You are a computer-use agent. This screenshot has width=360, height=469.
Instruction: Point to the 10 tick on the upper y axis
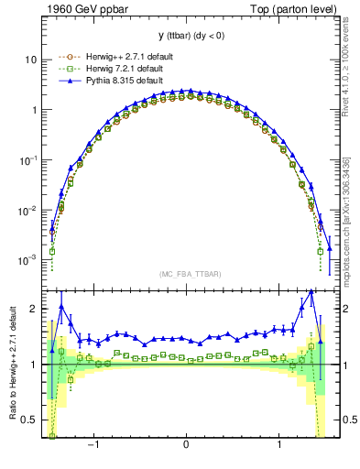(30, 60)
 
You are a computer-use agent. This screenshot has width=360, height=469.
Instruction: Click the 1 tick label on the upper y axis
(33, 110)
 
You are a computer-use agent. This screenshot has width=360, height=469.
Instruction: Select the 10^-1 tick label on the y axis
(28, 159)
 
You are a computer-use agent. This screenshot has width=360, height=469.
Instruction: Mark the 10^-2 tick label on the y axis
(28, 210)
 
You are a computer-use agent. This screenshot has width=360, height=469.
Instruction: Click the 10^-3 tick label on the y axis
(28, 260)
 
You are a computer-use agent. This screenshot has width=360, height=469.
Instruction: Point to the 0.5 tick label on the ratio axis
(28, 420)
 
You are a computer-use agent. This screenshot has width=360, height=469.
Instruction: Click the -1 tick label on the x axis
(93, 444)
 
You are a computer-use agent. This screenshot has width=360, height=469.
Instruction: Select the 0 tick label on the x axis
(186, 444)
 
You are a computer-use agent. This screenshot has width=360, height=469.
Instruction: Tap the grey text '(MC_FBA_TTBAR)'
(186, 274)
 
